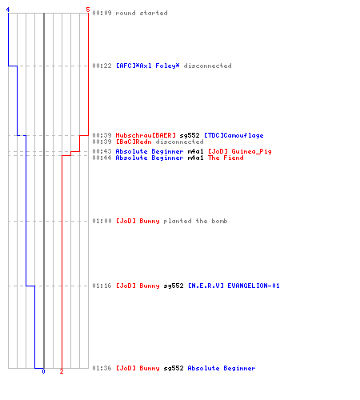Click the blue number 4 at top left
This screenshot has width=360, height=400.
(x=8, y=10)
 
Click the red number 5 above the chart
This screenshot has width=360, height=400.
(x=88, y=10)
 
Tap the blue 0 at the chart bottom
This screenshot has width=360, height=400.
(x=43, y=371)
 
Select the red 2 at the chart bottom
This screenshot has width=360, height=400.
(x=62, y=371)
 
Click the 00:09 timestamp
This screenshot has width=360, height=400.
(x=102, y=13)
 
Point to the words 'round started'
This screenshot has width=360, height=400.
(x=142, y=13)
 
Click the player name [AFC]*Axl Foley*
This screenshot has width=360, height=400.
(x=148, y=66)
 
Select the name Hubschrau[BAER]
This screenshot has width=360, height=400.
(x=146, y=135)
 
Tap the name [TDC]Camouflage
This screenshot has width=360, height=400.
(x=234, y=135)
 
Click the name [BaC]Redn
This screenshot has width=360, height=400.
(x=134, y=142)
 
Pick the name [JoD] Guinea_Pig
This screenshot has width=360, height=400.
(x=240, y=151)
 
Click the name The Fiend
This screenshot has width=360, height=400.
(x=226, y=158)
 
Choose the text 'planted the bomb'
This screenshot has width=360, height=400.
(x=195, y=221)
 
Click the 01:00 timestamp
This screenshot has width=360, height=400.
(x=102, y=221)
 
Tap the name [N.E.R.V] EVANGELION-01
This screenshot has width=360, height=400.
(x=234, y=286)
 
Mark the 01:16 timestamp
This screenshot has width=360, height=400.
(x=102, y=286)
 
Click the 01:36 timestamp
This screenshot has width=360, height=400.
(x=102, y=368)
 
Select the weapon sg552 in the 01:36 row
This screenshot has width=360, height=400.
(x=174, y=369)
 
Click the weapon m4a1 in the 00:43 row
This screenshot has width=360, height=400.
(x=195, y=151)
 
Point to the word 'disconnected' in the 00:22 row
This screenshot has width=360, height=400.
(x=208, y=66)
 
